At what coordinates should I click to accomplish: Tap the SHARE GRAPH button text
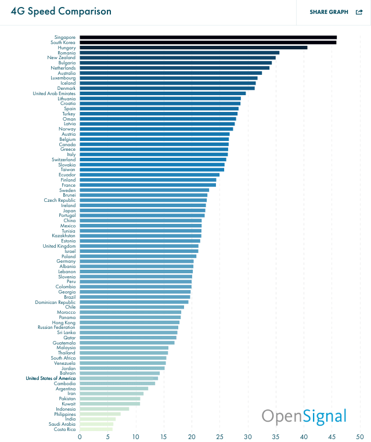[329, 12]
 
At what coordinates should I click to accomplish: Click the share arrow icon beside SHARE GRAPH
[359, 12]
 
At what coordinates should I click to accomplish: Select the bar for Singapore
[208, 37]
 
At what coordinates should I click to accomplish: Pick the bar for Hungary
[193, 48]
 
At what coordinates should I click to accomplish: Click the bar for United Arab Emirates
[163, 93]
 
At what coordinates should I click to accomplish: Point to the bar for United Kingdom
[139, 246]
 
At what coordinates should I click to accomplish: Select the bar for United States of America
[118, 378]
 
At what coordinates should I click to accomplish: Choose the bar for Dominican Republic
[134, 302]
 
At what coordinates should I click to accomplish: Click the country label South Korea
[63, 42]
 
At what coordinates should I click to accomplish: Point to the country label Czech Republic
[60, 200]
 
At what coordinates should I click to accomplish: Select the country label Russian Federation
[57, 327]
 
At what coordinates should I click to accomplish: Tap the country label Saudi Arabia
[63, 424]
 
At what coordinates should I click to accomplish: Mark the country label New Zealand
[62, 57]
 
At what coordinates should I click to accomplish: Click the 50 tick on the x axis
[360, 437]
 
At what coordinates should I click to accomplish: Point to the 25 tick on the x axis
[220, 437]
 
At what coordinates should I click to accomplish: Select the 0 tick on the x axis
[80, 437]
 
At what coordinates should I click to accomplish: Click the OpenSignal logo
[304, 416]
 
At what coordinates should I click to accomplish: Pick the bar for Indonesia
[105, 409]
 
